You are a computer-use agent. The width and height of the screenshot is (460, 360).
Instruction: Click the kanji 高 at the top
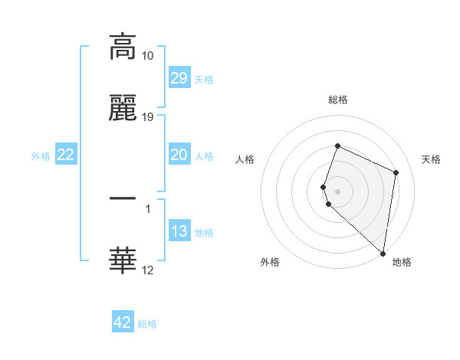(x=123, y=47)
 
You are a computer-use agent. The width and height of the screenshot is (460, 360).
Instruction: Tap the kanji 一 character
(x=123, y=198)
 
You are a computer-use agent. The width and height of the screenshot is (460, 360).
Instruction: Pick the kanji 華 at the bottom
(x=123, y=260)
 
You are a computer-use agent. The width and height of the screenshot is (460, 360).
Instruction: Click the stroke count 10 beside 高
(x=148, y=56)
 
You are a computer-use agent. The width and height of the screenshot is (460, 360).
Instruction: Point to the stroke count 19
(x=148, y=117)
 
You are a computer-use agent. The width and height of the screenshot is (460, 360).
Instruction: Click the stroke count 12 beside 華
(x=148, y=270)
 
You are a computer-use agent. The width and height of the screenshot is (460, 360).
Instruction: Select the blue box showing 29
(x=179, y=78)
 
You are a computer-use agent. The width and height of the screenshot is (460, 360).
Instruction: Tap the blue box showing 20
(x=179, y=155)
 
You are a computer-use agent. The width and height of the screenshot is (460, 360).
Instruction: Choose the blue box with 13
(x=179, y=231)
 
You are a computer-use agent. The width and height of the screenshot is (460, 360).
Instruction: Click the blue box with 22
(x=66, y=155)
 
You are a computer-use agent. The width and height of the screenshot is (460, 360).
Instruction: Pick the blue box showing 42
(x=123, y=322)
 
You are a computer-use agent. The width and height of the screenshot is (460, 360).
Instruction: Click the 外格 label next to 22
(x=41, y=155)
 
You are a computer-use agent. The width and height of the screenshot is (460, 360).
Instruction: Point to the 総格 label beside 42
(x=147, y=324)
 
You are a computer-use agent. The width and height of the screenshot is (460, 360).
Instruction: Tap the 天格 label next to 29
(x=204, y=80)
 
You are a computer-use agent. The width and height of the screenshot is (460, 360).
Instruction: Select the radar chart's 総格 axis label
(x=338, y=100)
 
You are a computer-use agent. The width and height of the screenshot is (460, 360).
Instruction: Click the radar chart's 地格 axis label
(x=402, y=262)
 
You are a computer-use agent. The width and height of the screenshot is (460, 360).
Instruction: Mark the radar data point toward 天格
(x=396, y=172)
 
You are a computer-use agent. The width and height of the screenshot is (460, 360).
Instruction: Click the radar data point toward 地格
(x=383, y=254)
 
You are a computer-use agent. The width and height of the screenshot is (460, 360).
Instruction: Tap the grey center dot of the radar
(x=337, y=191)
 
